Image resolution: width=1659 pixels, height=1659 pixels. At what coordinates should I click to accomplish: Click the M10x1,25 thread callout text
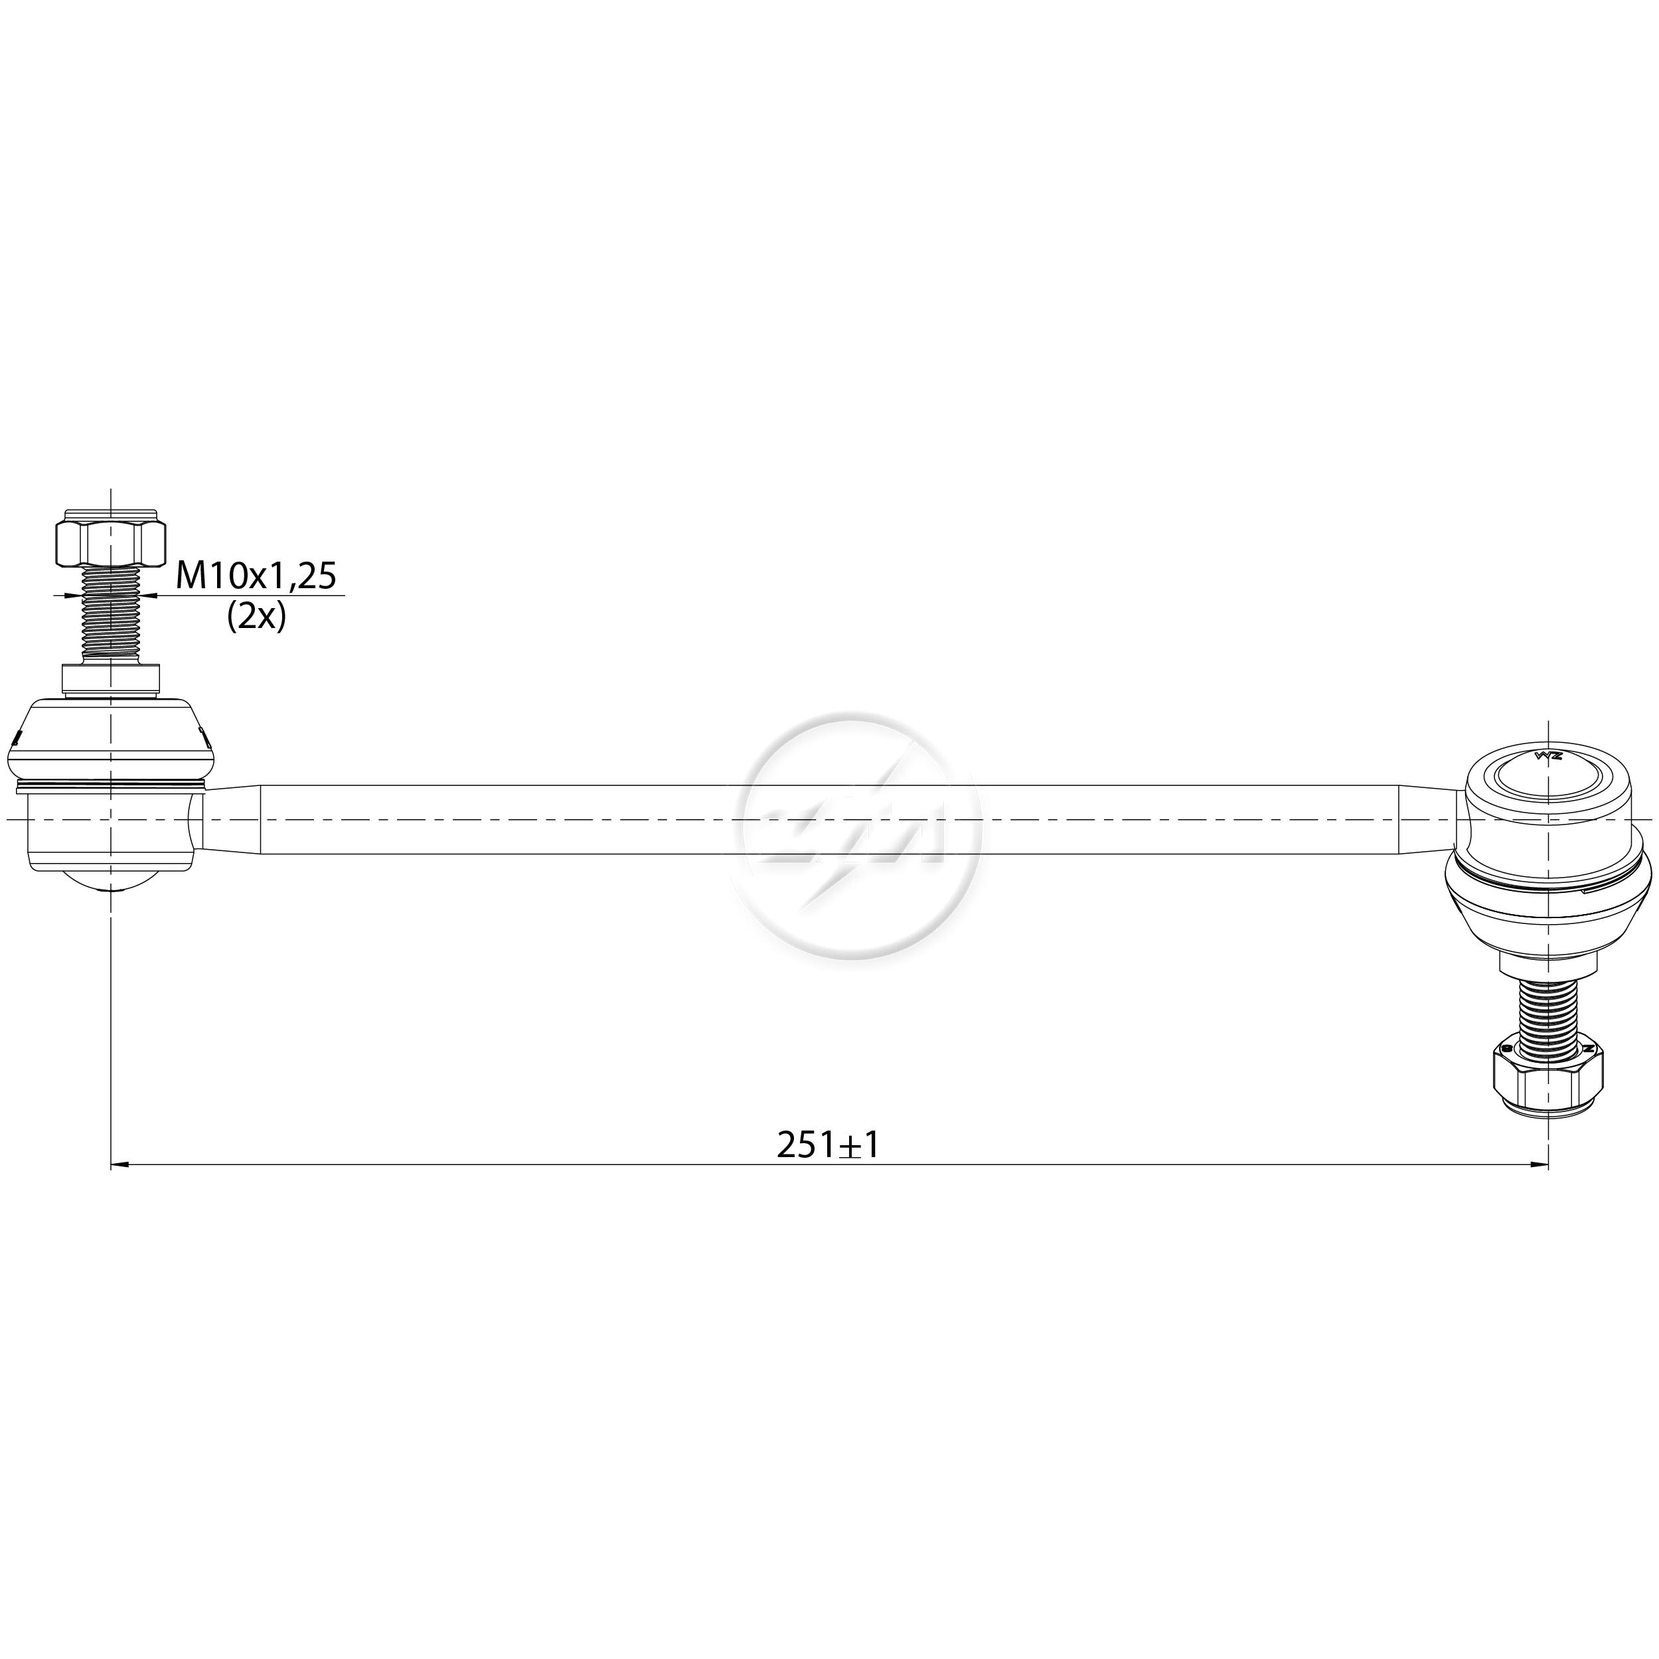256,576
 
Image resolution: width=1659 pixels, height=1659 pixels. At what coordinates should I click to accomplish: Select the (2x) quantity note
256,617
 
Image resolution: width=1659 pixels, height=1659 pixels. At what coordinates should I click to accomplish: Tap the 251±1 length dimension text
829,1145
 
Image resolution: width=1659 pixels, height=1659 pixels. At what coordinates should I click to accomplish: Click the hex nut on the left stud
110,540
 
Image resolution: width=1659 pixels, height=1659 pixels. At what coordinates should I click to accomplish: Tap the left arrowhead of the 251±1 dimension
120,1165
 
